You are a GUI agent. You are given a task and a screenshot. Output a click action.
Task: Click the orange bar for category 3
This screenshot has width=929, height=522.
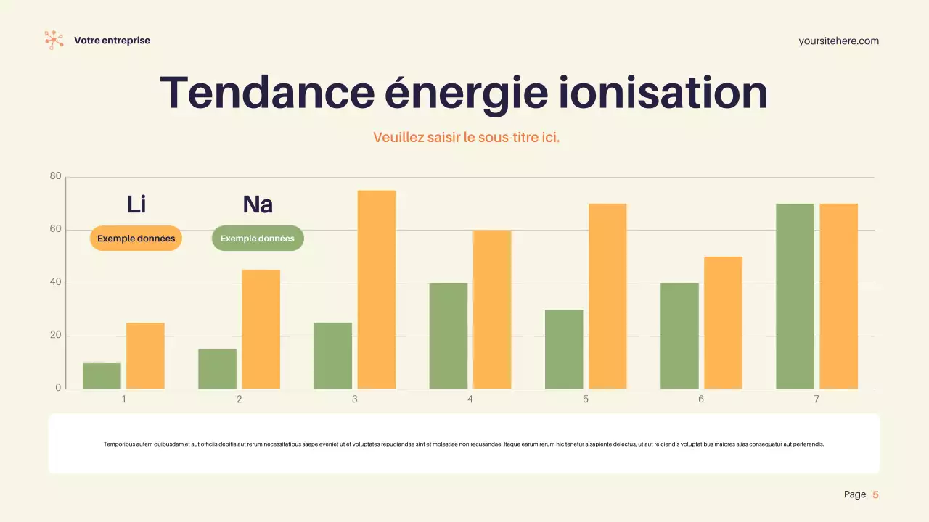[376, 289]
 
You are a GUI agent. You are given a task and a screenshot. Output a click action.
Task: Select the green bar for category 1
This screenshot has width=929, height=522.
[102, 376]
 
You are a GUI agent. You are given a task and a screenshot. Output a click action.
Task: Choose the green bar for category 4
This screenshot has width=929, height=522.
[449, 336]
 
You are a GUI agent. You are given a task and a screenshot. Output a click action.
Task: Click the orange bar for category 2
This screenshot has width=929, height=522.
[261, 329]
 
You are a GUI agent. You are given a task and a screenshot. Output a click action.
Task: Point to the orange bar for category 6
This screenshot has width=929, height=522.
[723, 323]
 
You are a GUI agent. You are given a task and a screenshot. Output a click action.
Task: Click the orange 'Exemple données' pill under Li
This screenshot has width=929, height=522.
[136, 239]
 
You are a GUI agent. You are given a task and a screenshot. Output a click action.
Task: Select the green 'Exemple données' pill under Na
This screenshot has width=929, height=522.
[258, 239]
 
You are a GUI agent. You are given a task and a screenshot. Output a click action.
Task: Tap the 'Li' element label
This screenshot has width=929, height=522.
[136, 204]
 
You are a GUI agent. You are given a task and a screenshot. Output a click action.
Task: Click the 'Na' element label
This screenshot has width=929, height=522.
[258, 204]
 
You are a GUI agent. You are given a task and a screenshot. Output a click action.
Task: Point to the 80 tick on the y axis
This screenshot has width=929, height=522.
[56, 176]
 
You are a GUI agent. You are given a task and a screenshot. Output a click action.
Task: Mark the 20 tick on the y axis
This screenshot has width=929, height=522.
[56, 336]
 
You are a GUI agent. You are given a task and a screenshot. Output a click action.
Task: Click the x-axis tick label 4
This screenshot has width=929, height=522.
[470, 399]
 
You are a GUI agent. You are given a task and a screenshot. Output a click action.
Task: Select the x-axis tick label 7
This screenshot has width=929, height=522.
[817, 399]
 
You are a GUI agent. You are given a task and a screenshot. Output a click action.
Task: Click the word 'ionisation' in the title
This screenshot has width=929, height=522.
[663, 93]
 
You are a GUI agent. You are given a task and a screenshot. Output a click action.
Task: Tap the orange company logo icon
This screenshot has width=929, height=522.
[54, 40]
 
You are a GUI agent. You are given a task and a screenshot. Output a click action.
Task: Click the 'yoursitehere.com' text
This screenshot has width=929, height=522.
[838, 41]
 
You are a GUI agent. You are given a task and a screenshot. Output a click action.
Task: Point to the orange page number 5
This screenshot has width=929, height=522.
[875, 494]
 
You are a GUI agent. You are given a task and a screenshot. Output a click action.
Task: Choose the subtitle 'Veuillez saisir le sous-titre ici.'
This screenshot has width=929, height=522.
[466, 137]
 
